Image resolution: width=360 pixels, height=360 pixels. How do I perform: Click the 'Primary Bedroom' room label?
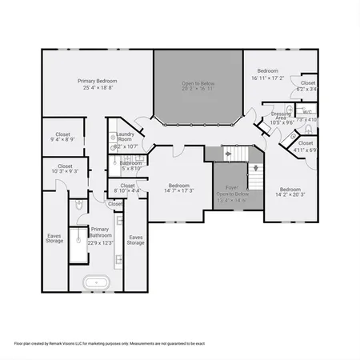tap(97, 81)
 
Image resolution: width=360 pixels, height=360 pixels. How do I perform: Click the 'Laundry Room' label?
tap(126, 137)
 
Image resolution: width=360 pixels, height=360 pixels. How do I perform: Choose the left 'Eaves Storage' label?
tap(54, 238)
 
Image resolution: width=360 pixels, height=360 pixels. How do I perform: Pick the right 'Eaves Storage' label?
tap(136, 239)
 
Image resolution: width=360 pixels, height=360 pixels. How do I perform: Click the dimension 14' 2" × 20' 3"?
tap(290, 194)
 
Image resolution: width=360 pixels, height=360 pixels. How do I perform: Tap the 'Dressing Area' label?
tap(281, 116)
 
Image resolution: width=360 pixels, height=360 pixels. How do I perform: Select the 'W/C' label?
tap(307, 112)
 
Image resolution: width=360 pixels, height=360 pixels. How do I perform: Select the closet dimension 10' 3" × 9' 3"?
tap(65, 171)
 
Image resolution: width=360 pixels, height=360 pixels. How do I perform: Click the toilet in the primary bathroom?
tap(78, 206)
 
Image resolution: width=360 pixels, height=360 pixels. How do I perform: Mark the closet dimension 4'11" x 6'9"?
tap(306, 150)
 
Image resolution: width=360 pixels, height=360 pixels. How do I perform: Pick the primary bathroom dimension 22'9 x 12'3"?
tap(101, 242)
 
